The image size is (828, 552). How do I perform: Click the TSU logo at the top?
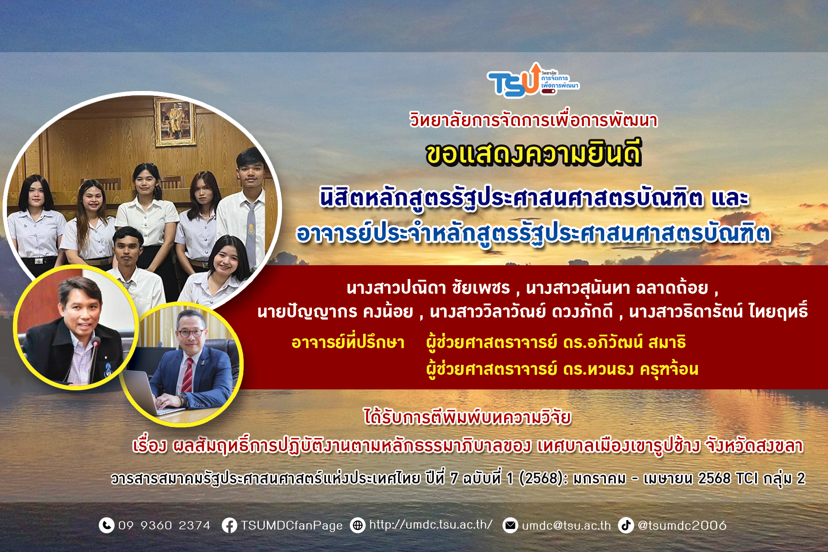(x=533, y=80)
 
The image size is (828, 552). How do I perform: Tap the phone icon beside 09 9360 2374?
(x=107, y=525)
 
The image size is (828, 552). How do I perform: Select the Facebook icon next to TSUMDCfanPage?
(x=229, y=525)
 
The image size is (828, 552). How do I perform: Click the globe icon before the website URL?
(x=358, y=525)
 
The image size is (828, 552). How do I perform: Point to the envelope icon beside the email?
(x=511, y=525)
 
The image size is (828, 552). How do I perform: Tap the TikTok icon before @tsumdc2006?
(x=626, y=525)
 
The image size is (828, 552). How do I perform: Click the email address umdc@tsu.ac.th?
(x=566, y=526)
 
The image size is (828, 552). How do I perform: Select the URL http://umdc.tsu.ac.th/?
(x=431, y=525)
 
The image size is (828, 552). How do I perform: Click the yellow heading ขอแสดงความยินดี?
(x=533, y=154)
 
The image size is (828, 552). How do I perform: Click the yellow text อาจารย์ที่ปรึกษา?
(x=348, y=342)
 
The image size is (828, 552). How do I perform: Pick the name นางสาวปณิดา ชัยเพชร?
(x=428, y=288)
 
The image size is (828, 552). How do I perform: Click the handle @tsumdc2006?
(x=682, y=526)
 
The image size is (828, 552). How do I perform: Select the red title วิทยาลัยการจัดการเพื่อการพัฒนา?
(x=533, y=120)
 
